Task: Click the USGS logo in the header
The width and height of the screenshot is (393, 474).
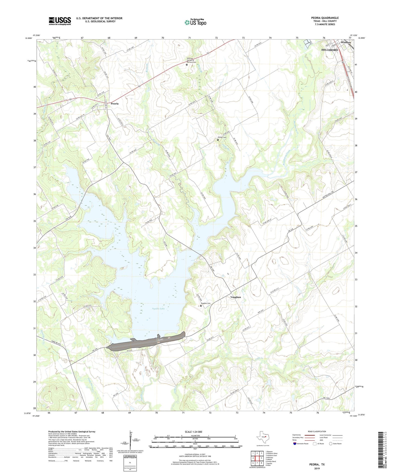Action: click(x=60, y=21)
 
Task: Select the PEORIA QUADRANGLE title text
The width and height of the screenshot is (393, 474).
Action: click(x=325, y=18)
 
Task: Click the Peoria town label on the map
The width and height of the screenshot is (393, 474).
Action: click(x=115, y=104)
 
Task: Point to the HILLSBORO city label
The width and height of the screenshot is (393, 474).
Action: click(x=330, y=50)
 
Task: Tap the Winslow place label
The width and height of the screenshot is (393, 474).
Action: click(x=346, y=43)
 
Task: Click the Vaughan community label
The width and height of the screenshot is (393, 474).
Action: click(x=236, y=297)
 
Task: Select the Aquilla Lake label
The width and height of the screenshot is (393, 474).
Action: click(x=158, y=309)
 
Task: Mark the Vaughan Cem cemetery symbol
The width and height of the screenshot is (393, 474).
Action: click(x=201, y=306)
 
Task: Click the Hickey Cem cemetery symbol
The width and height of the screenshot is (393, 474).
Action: click(x=218, y=140)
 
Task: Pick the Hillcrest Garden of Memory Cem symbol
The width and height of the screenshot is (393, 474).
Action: click(x=187, y=65)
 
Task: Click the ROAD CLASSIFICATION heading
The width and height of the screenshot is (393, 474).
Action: click(x=317, y=431)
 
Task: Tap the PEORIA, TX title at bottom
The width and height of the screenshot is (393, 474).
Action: click(x=317, y=464)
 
